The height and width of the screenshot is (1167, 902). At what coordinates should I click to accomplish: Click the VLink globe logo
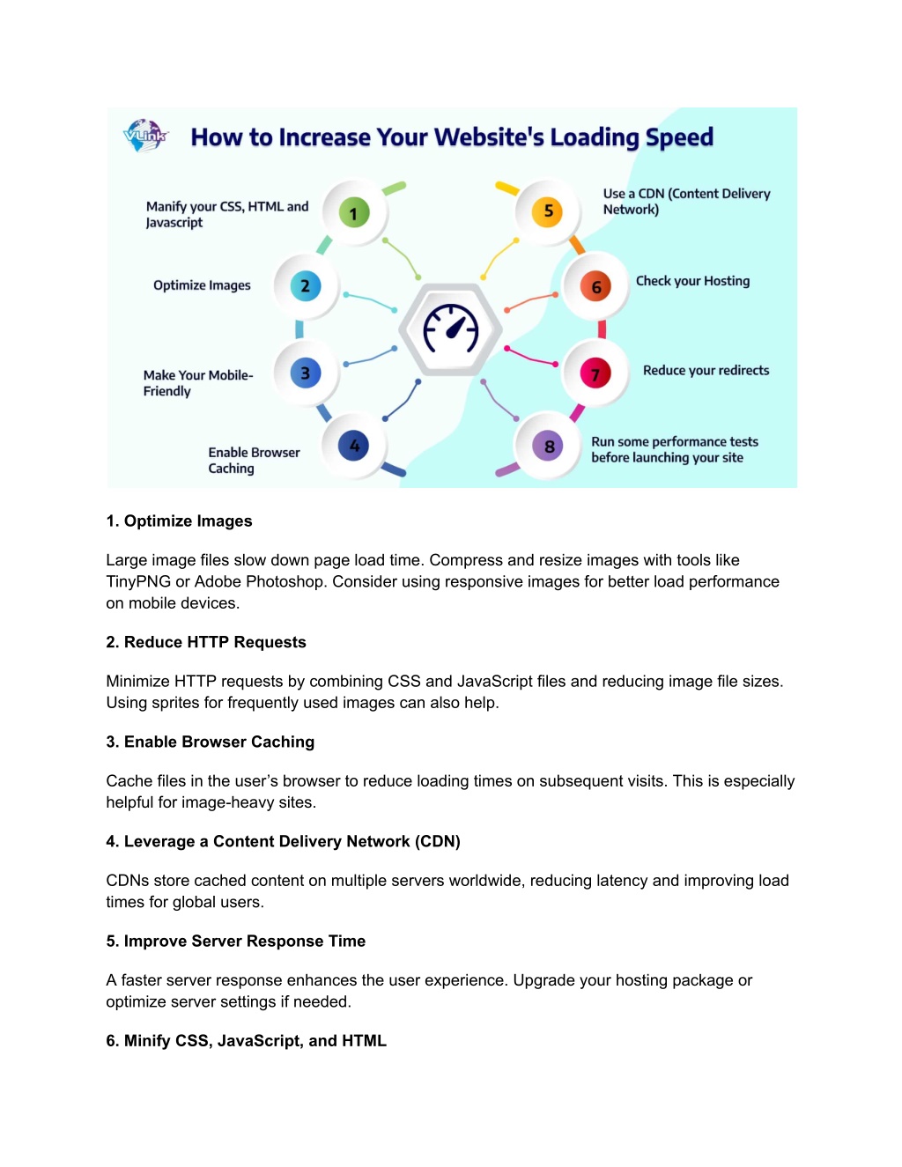[145, 136]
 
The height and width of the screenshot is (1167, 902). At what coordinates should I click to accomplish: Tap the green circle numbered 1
[354, 212]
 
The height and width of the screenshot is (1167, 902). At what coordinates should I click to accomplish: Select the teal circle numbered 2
[306, 285]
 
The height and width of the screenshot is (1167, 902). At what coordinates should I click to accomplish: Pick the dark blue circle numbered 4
[353, 446]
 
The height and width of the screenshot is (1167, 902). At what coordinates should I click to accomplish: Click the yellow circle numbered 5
[547, 211]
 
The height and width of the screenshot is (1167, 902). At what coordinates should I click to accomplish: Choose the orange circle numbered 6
[595, 287]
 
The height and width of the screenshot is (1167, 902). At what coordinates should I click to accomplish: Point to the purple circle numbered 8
[548, 446]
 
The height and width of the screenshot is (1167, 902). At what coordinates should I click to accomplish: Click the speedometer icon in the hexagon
[450, 329]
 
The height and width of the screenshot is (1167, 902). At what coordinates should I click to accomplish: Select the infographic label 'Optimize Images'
[202, 285]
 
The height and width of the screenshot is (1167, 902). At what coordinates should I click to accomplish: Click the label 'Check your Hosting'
[692, 281]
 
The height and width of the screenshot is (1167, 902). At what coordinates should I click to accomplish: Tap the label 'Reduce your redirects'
[706, 370]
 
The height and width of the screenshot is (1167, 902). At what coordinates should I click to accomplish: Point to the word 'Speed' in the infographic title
[679, 137]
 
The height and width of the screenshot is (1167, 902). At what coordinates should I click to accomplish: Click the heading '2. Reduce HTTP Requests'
[206, 642]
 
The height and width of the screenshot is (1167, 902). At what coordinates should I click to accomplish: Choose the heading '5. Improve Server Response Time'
[236, 941]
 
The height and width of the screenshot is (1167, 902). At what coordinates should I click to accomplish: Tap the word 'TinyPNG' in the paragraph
[138, 581]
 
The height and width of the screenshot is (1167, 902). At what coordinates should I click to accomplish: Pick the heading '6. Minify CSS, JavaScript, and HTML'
[247, 1040]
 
